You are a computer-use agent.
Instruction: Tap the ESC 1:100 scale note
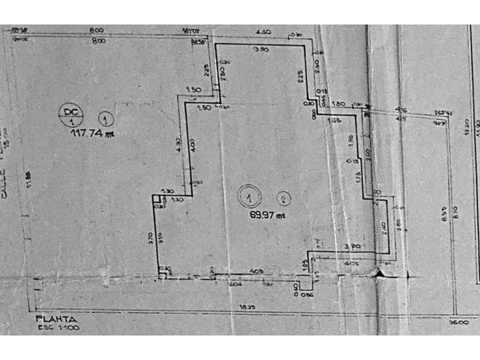[x=59, y=328]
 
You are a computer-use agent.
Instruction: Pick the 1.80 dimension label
[x=338, y=104]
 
